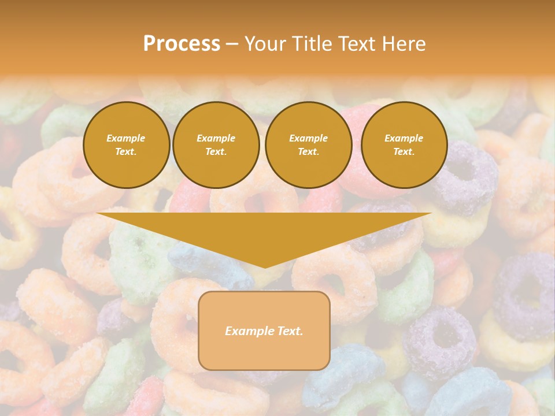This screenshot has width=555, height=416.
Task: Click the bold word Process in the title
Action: click(182, 44)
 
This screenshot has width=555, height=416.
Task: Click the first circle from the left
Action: click(127, 145)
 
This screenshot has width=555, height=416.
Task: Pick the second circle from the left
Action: click(216, 145)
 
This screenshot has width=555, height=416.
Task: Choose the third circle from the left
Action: click(309, 145)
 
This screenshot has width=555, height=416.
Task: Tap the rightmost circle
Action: click(404, 145)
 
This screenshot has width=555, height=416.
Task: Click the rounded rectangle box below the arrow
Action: click(264, 352)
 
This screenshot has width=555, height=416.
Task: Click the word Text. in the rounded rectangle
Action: click(290, 331)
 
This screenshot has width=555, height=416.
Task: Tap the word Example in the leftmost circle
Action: click(126, 139)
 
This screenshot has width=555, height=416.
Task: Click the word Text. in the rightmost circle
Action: click(404, 152)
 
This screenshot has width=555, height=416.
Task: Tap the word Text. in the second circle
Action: click(216, 152)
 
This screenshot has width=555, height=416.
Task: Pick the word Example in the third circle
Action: click(309, 139)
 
